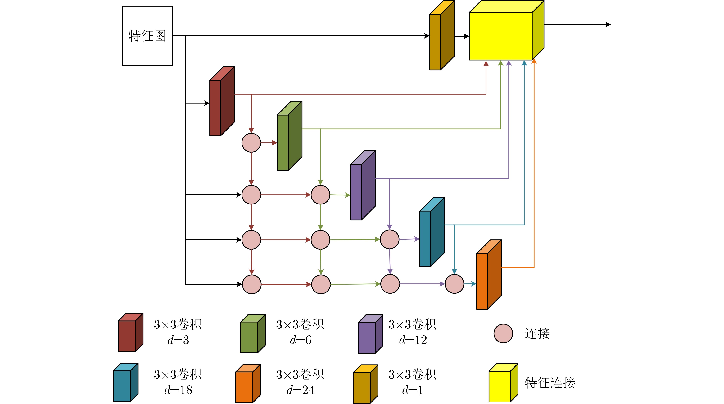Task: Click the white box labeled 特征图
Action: [147, 36]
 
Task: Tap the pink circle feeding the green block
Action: [251, 143]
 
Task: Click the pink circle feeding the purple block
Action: [320, 195]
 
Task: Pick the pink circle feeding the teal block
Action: [390, 239]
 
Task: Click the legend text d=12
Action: [413, 340]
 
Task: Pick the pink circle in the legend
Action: [503, 333]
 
